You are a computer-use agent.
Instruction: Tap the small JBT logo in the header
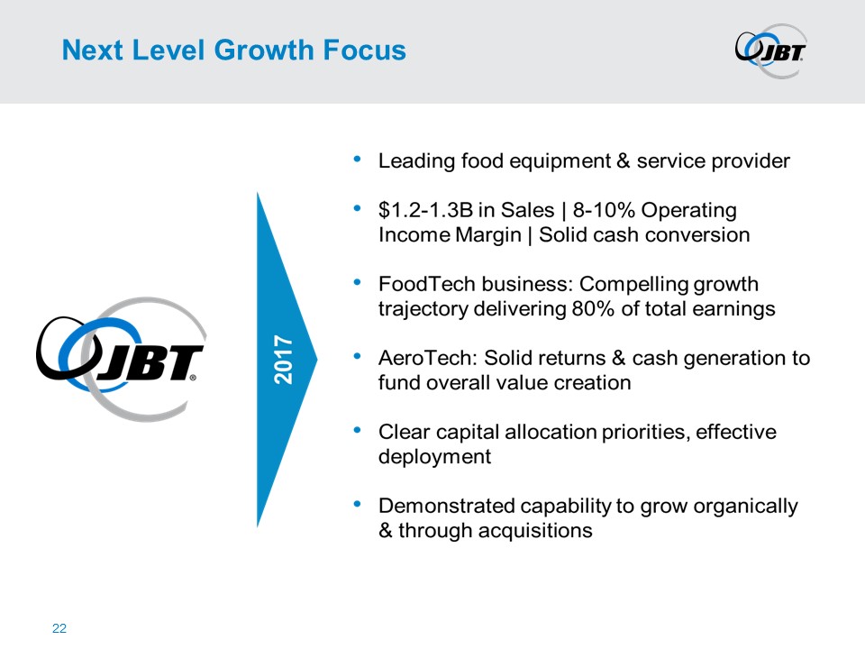[x=771, y=50]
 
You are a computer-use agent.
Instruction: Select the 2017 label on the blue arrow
[x=283, y=360]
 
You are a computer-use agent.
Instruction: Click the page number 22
[x=59, y=628]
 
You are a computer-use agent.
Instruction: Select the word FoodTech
[x=426, y=284]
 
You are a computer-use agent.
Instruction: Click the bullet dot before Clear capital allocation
[x=358, y=429]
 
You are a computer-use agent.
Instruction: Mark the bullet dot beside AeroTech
[x=358, y=355]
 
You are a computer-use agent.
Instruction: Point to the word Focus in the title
[x=364, y=50]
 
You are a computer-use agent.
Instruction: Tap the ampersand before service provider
[x=624, y=161]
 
